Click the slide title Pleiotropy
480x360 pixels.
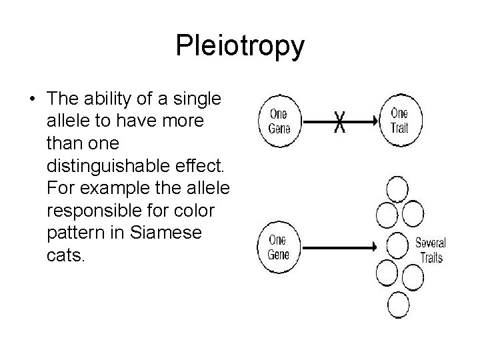click(x=240, y=46)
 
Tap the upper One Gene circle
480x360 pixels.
click(x=279, y=120)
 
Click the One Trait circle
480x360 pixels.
click(x=399, y=120)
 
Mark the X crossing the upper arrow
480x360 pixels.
click(x=340, y=121)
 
